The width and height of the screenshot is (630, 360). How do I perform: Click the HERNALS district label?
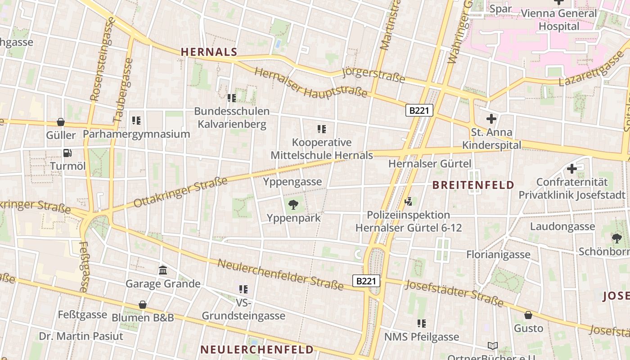coord(209,52)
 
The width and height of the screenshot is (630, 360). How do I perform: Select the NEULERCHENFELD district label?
coord(256,349)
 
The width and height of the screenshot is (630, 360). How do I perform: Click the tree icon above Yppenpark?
coord(293,205)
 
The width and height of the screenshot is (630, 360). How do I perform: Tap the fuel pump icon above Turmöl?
coord(67,153)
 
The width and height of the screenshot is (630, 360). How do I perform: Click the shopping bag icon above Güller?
coord(61,122)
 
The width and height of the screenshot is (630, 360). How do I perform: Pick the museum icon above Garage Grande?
coord(163,270)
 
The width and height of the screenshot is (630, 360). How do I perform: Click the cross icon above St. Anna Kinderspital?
coord(491,119)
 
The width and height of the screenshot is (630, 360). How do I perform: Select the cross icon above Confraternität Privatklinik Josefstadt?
coord(572,169)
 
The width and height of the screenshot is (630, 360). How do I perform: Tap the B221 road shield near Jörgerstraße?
coord(419,110)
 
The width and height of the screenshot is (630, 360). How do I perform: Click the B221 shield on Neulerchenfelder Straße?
coord(366,281)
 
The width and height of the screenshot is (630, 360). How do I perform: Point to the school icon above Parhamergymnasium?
coord(136,121)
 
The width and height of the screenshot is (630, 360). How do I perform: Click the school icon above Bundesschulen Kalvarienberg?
coord(232,98)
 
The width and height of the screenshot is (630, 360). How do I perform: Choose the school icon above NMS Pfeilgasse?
coord(422,323)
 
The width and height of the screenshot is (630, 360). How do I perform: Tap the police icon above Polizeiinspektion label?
coord(409,202)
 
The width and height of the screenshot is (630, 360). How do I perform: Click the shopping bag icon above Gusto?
coord(528,315)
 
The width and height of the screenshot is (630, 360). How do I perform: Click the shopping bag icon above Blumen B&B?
coord(143,305)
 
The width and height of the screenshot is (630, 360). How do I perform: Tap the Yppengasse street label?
coord(292,182)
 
